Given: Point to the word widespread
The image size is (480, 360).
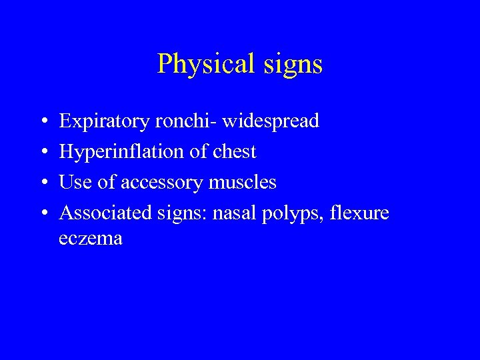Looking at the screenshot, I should (x=271, y=121).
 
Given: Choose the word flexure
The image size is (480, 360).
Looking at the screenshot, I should (x=360, y=213).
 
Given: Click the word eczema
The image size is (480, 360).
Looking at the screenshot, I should (x=91, y=239).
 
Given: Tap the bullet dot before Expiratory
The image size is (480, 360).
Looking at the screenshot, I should (x=43, y=122).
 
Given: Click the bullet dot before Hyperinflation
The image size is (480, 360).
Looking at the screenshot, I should (x=43, y=153).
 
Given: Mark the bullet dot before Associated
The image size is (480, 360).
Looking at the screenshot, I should (x=43, y=214).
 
